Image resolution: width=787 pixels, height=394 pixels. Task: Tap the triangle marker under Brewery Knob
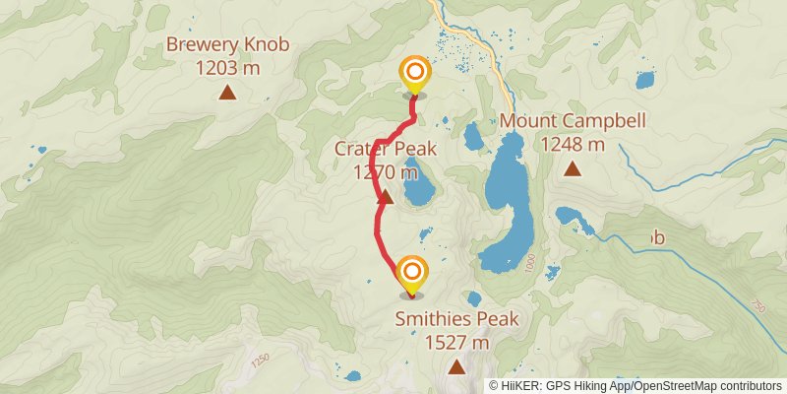[x=228, y=94]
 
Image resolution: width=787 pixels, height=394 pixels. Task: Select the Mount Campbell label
[x=574, y=121]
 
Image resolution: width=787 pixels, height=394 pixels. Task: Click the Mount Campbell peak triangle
[x=573, y=169]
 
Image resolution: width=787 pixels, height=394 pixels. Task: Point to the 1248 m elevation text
[x=573, y=144]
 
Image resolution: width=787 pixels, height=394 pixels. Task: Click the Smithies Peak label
[x=456, y=319]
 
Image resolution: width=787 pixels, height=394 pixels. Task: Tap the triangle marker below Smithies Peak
[x=456, y=368]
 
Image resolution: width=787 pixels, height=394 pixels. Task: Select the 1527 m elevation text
[x=456, y=343]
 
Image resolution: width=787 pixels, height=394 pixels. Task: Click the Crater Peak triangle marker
[x=386, y=197]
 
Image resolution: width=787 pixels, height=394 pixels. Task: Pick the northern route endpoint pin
[x=414, y=74]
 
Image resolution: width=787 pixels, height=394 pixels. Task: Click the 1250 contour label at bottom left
[x=260, y=361]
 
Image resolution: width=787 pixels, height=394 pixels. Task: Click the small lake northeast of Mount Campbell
[x=645, y=79]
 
